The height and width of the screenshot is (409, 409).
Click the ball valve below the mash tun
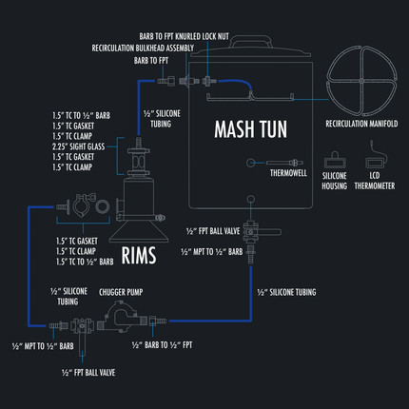tap(251, 230)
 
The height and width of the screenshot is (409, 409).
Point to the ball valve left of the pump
tap(83, 326)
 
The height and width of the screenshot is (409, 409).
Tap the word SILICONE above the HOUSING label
tap(334, 177)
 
